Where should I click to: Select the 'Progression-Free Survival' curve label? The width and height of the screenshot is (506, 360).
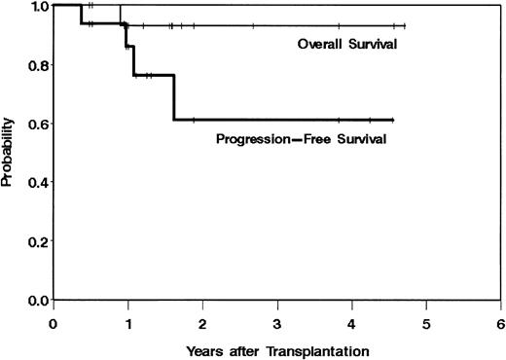(302, 139)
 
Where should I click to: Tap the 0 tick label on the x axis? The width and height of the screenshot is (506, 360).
(53, 320)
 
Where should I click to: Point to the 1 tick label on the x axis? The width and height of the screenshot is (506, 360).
(127, 320)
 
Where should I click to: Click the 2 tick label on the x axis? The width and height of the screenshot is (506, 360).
(202, 320)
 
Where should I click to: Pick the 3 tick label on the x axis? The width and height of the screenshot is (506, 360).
(277, 320)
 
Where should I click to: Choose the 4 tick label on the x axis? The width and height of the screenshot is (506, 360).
(351, 320)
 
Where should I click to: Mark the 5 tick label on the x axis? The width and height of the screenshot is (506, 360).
(426, 320)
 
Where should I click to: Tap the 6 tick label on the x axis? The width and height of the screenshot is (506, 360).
(500, 320)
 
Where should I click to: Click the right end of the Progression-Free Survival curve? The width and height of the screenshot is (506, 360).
(392, 119)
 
